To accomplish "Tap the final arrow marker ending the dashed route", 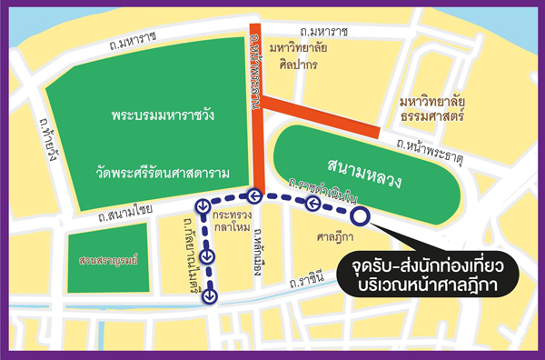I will pyautogui.click(x=210, y=295).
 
